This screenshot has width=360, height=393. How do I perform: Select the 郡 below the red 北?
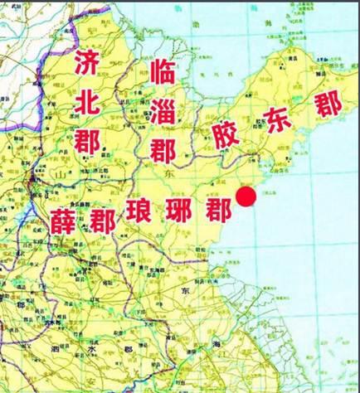click(x=87, y=139)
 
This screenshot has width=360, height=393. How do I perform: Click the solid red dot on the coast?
click(x=246, y=197)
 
